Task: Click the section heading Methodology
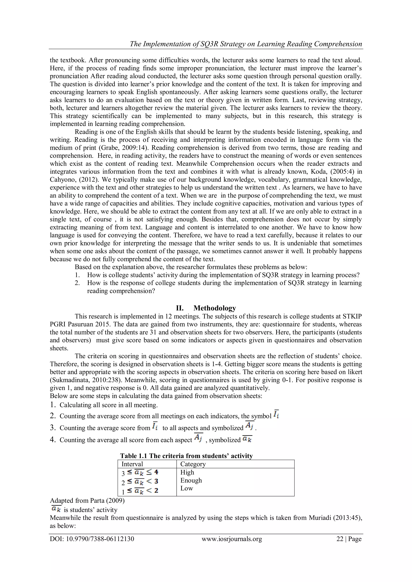(x=214, y=308)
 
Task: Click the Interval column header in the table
(x=132, y=464)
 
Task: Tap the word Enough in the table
(x=191, y=480)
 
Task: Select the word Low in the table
(x=186, y=488)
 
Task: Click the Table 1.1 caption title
(x=186, y=456)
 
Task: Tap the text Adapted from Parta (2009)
(x=87, y=501)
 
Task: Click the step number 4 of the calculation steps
(x=53, y=440)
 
